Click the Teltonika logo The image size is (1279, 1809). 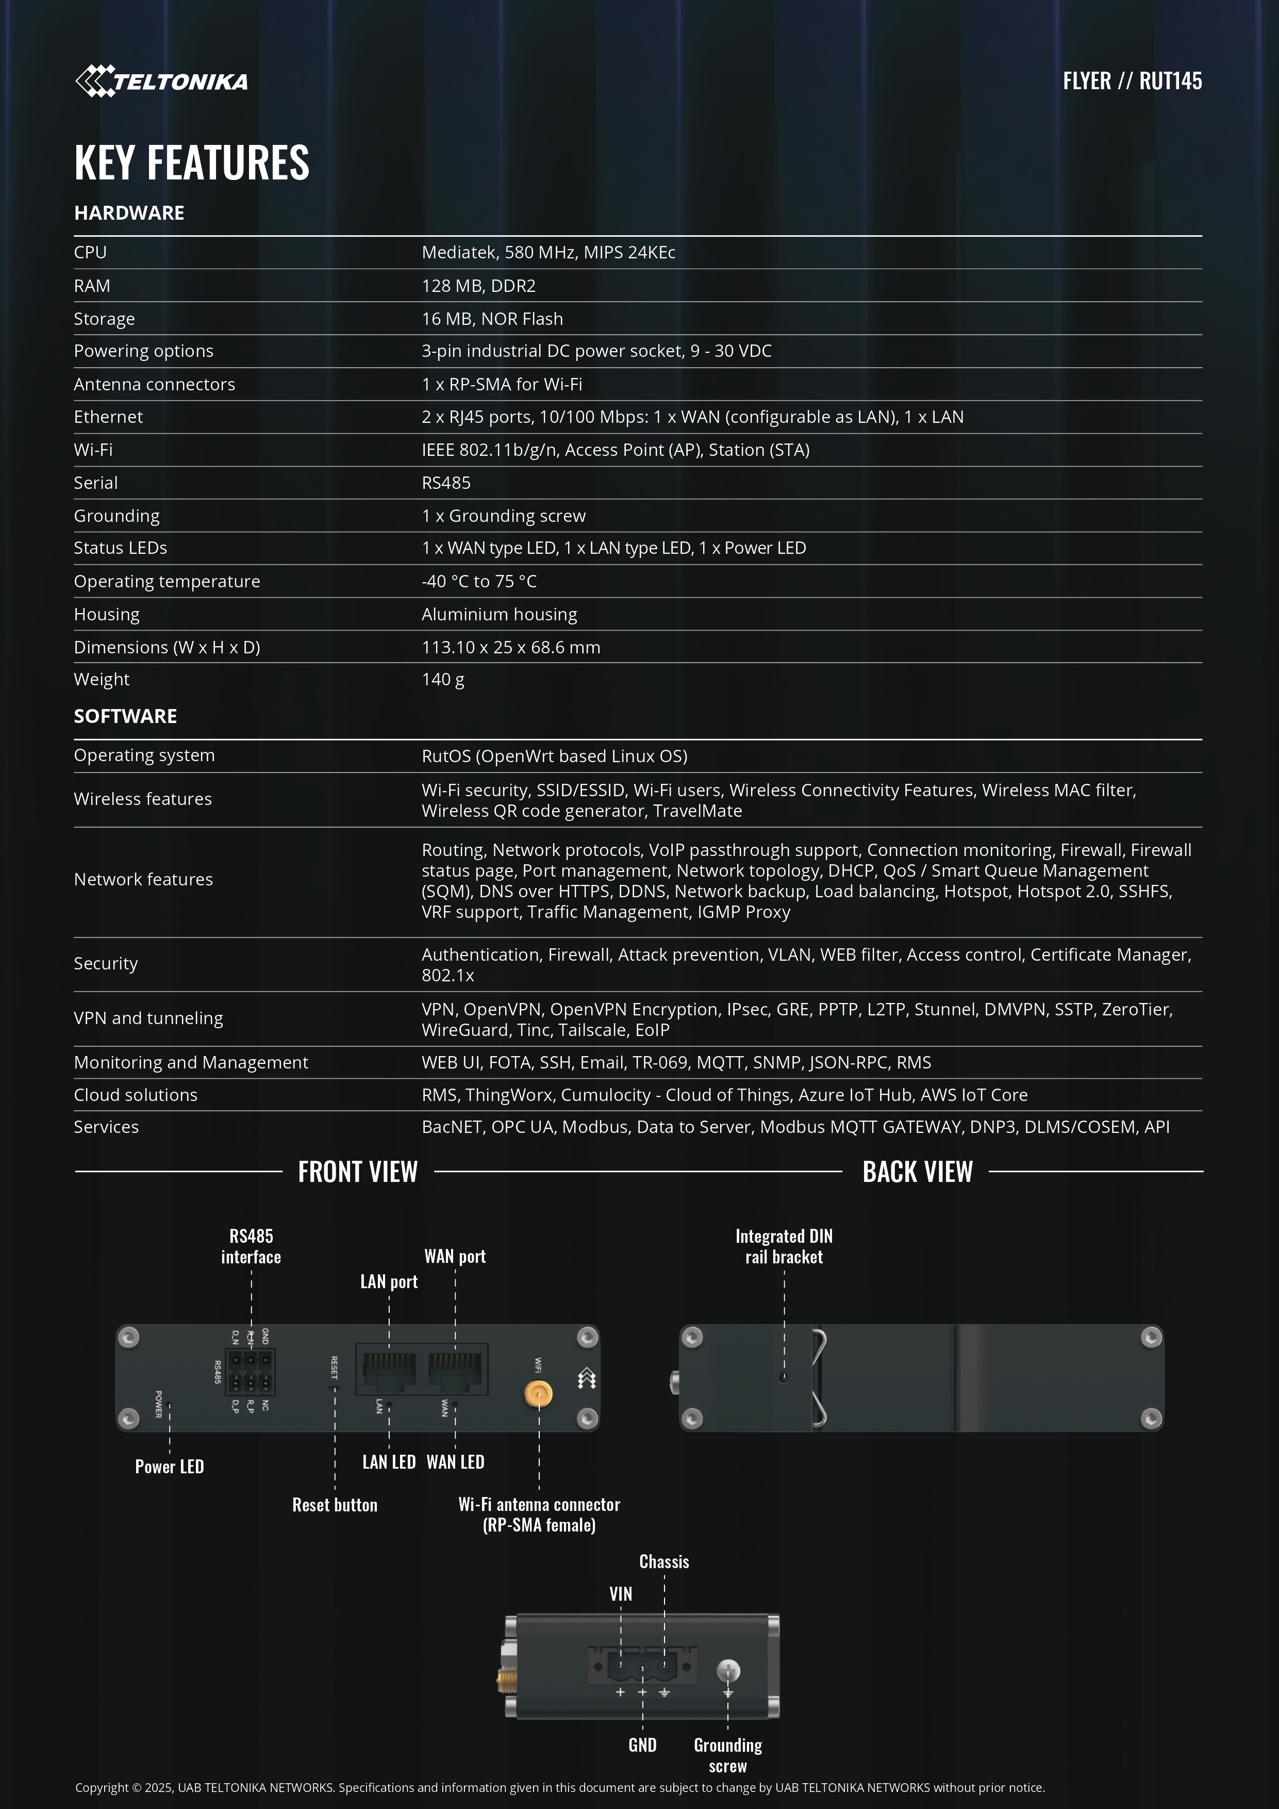pos(161,81)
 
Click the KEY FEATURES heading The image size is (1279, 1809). pos(191,162)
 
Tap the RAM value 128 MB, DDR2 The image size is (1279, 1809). pos(478,286)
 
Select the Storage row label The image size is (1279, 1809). pos(104,319)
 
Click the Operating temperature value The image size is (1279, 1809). pos(479,582)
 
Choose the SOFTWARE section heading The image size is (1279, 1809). pos(125,716)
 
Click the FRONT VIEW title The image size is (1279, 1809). pos(358,1172)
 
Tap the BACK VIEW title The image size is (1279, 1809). pos(918,1172)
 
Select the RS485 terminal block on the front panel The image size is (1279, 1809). pos(251,1372)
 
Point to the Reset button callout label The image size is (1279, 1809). pos(335,1505)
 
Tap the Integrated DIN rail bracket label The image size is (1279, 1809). pos(784,1246)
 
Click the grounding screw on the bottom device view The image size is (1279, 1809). pos(728,1670)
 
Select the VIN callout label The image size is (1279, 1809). pos(621,1594)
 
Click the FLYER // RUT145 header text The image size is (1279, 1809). pos(1132,81)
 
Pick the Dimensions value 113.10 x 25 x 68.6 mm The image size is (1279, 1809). pos(510,648)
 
